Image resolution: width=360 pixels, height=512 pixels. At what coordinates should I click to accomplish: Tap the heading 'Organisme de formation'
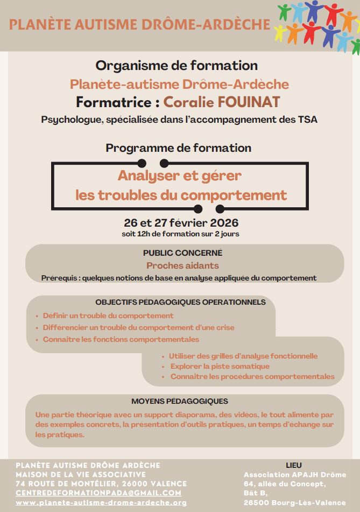177,66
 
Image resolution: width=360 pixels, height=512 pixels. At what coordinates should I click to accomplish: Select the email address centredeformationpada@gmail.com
98,493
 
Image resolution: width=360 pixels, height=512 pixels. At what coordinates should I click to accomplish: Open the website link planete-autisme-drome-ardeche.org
101,502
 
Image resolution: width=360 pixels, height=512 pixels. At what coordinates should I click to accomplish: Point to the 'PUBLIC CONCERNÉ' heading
182,253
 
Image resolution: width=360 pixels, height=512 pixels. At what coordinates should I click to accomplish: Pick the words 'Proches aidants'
182,265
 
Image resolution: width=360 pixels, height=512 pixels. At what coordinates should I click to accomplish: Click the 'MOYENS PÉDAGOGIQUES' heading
180,401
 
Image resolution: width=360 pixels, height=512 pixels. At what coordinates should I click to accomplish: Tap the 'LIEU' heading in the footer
294,465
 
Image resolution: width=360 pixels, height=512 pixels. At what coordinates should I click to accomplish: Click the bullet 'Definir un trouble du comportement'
108,315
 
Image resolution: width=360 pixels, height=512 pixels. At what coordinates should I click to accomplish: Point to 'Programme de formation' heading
179,148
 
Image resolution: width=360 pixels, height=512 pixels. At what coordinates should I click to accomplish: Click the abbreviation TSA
307,120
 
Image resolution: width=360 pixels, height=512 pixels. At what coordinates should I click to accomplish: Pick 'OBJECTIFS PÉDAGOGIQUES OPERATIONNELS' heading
181,302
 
